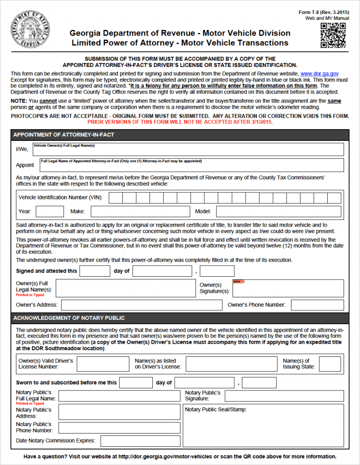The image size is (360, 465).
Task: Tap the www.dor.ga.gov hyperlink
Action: click(319, 74)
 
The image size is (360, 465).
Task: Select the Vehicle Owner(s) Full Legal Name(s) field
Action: click(187, 149)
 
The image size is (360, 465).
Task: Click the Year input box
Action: click(50, 212)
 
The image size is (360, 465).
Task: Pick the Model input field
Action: click(279, 212)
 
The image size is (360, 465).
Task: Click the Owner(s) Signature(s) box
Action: click(288, 288)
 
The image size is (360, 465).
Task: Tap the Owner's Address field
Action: click(142, 305)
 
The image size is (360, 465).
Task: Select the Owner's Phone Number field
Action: click(317, 305)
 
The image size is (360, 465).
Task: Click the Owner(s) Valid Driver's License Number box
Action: click(103, 364)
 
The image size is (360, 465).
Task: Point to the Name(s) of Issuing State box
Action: click(330, 364)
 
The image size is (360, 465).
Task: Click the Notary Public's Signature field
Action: click(284, 396)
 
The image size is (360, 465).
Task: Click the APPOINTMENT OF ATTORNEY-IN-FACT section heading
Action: click(64, 135)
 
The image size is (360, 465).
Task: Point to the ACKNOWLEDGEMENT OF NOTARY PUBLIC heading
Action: click(69, 318)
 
